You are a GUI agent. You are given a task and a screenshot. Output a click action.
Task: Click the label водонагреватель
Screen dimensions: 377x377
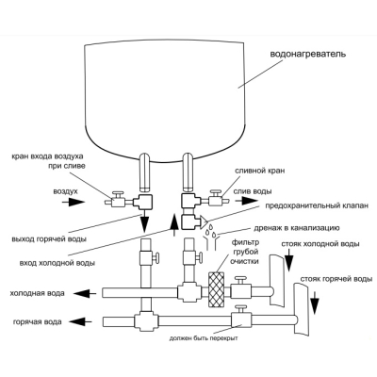(308, 54)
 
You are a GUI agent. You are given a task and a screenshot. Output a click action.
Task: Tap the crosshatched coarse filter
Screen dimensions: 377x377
(216, 289)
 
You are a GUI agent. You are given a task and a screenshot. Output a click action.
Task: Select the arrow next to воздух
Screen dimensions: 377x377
(74, 202)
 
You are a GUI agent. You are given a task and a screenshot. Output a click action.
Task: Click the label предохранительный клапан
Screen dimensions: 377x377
(317, 206)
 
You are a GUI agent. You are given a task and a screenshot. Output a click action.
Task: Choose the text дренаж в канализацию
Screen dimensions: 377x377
(298, 228)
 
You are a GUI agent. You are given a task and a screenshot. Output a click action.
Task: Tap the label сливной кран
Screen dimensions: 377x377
(260, 171)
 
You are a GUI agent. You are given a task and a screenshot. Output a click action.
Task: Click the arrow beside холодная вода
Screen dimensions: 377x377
(85, 294)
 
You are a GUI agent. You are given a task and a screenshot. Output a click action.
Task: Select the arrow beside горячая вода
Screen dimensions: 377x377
(81, 321)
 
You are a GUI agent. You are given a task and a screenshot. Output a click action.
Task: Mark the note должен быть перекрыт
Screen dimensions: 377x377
(204, 338)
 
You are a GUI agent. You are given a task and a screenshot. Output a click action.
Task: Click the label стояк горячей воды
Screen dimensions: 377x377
(336, 279)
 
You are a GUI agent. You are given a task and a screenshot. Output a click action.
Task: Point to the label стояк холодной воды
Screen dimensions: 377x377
(320, 244)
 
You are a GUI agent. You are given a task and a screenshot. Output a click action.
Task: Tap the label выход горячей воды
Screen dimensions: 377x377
(49, 239)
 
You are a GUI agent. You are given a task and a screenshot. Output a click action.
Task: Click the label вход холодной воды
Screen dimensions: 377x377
(57, 263)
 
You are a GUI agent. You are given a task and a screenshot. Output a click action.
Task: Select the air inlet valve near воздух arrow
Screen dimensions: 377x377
(118, 199)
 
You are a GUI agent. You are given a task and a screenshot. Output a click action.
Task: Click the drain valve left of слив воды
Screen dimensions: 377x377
(216, 198)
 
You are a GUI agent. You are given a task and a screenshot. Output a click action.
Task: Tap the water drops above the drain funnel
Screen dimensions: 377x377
(210, 230)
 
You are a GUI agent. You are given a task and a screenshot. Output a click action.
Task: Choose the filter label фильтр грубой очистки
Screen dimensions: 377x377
(244, 252)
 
